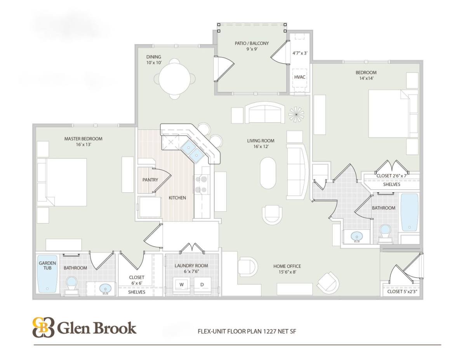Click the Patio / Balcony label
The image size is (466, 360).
(252, 43)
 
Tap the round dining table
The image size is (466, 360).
(175, 79)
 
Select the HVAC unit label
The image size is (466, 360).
(299, 77)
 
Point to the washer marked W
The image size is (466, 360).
(181, 285)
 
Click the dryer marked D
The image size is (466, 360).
(202, 285)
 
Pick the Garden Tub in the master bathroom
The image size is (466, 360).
(47, 274)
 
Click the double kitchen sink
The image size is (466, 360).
(192, 151)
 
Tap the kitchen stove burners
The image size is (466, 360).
(201, 184)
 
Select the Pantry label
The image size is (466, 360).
(150, 180)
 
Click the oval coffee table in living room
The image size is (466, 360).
(268, 173)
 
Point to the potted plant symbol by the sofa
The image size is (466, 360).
(296, 115)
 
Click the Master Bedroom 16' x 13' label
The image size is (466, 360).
(83, 141)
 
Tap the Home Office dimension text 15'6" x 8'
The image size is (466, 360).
(287, 272)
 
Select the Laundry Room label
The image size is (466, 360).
(191, 266)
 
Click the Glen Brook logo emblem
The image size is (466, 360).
(43, 327)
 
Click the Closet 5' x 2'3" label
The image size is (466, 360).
(402, 292)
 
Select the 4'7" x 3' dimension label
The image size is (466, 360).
(300, 53)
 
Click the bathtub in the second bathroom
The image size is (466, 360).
(409, 212)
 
